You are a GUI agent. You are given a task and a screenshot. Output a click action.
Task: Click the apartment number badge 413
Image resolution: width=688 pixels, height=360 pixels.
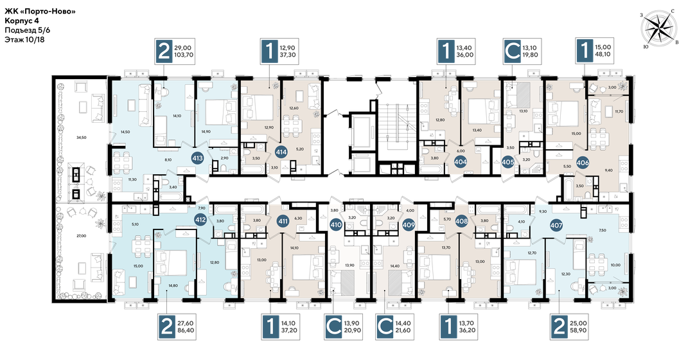(198, 156)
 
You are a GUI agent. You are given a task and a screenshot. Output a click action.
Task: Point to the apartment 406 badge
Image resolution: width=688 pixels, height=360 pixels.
(583, 162)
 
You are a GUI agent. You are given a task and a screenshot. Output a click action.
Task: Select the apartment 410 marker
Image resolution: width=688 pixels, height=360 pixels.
(335, 225)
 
